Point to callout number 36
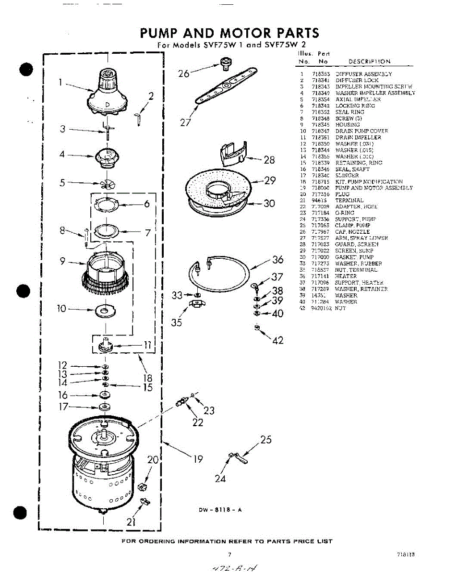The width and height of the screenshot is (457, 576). click(277, 260)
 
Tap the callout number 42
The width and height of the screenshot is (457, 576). click(278, 340)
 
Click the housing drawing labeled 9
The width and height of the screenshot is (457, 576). click(105, 272)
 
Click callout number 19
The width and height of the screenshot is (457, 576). click(198, 459)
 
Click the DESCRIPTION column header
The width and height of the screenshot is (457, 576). click(369, 61)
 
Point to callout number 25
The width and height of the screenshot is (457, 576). click(266, 439)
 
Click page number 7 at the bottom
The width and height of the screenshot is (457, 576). click(229, 555)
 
